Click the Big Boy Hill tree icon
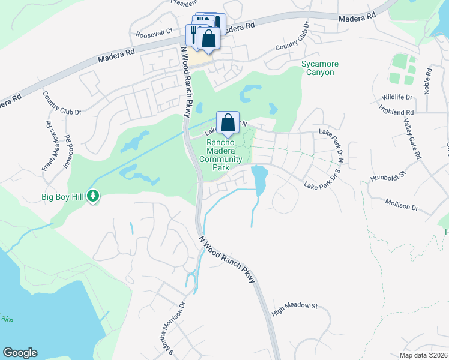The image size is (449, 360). [93, 196]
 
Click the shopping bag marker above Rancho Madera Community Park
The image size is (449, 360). [228, 123]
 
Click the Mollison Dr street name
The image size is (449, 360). [402, 205]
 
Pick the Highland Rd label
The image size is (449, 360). [397, 111]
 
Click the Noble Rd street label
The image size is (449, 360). [428, 79]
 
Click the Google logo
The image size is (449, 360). [20, 353]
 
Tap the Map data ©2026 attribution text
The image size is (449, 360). [424, 355]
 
